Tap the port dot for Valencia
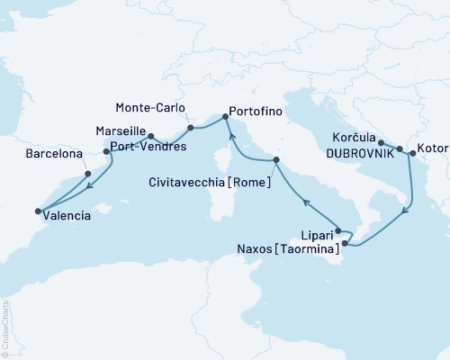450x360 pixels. (38, 211)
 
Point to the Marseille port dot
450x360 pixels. (151, 137)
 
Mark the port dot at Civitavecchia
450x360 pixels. (275, 160)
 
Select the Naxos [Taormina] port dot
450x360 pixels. (344, 241)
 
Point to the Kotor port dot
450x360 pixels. (412, 154)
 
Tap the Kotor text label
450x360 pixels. (431, 155)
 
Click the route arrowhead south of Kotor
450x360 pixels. (408, 211)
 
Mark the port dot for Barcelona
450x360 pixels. (87, 174)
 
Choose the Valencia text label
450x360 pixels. (70, 216)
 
